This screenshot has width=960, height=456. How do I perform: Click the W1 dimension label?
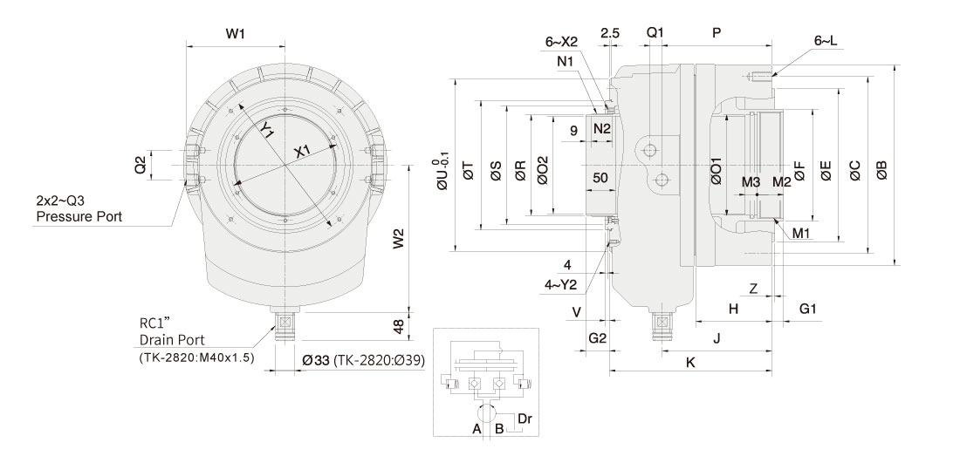235,34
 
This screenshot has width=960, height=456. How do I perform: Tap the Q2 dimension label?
140,164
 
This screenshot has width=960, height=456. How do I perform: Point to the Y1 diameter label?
268,130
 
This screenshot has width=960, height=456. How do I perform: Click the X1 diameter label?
302,152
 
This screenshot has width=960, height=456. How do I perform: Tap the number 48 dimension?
398,325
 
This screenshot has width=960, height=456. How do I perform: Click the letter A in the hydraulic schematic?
477,429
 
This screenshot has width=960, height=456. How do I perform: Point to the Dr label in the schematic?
525,419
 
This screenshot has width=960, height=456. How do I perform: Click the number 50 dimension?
600,178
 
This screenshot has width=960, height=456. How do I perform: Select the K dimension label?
690,362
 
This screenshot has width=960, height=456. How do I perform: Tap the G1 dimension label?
808,309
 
